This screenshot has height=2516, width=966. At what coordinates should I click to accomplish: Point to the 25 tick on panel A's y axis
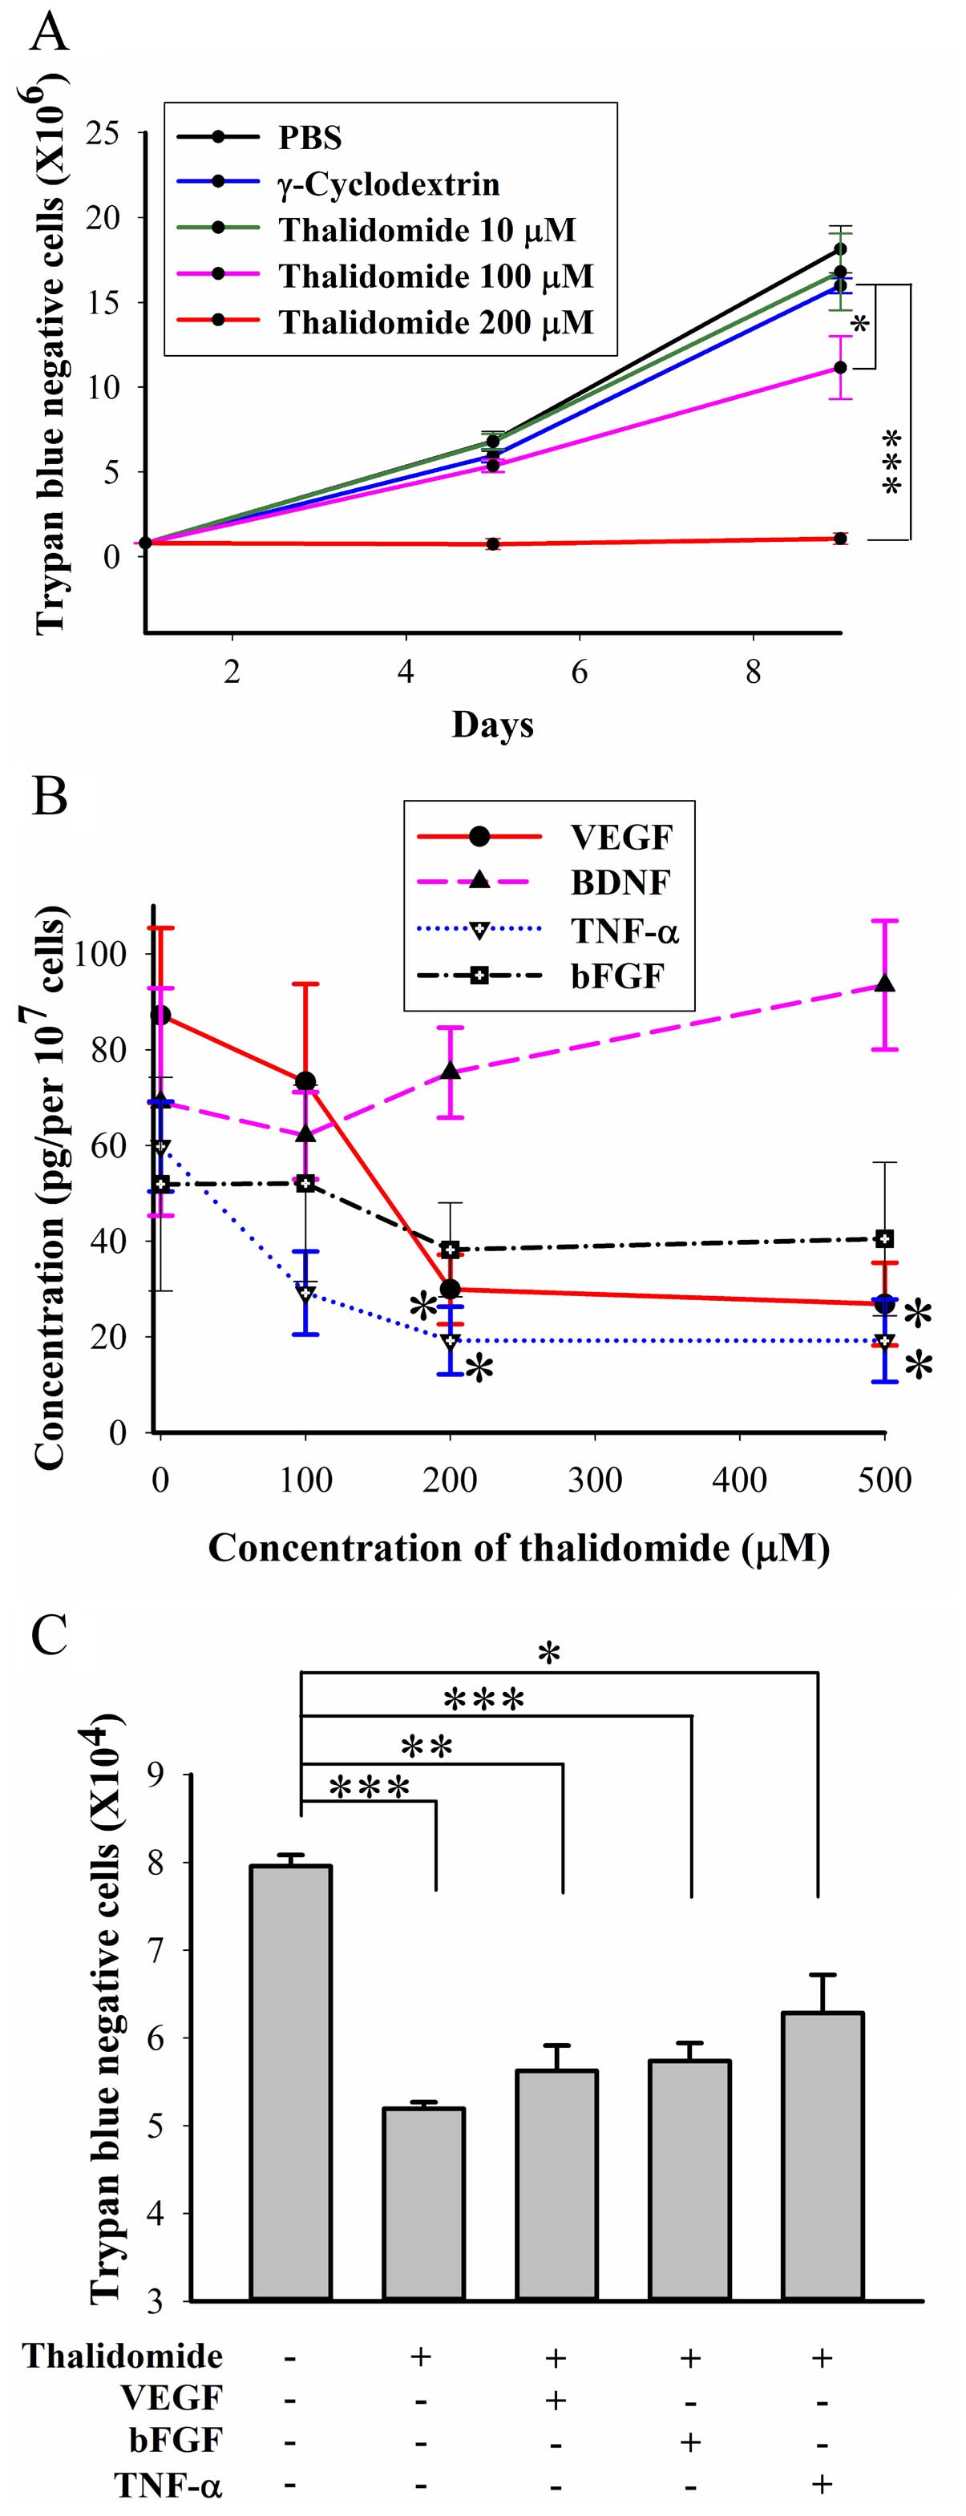pos(103,133)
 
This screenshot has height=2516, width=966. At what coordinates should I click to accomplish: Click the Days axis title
pos(492,725)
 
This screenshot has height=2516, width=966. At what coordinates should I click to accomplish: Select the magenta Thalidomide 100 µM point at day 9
pos(840,367)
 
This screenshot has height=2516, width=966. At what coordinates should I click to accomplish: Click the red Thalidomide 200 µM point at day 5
pos(493,544)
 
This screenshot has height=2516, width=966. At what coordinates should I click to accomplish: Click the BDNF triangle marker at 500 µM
pos(885,984)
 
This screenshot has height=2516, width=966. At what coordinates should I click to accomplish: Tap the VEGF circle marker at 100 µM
pos(305,1081)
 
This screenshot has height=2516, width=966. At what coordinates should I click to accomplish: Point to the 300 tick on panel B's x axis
pos(595,1480)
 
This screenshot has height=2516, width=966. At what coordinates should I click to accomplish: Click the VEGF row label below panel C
pos(171,2398)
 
